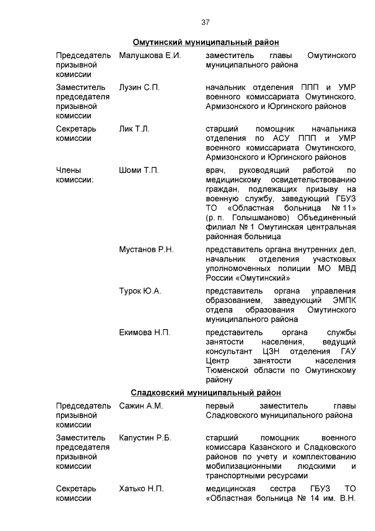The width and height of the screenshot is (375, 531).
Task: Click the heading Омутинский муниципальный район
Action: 205,42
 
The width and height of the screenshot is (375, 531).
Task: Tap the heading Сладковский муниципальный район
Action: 206,392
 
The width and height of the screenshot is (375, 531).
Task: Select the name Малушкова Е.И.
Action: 149,55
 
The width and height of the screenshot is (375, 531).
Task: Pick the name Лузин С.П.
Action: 139,87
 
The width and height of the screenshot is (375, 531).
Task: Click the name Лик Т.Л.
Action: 134,128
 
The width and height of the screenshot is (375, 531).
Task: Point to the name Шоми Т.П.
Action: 139,170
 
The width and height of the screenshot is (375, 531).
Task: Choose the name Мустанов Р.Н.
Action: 146,249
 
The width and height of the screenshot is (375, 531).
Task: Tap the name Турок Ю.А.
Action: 140,291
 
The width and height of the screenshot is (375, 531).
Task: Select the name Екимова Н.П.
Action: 145,333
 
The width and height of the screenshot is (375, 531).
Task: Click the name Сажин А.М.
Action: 141,405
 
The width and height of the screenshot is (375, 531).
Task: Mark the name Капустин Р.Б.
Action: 145,437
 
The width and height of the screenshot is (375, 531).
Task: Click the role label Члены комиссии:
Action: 74,175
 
